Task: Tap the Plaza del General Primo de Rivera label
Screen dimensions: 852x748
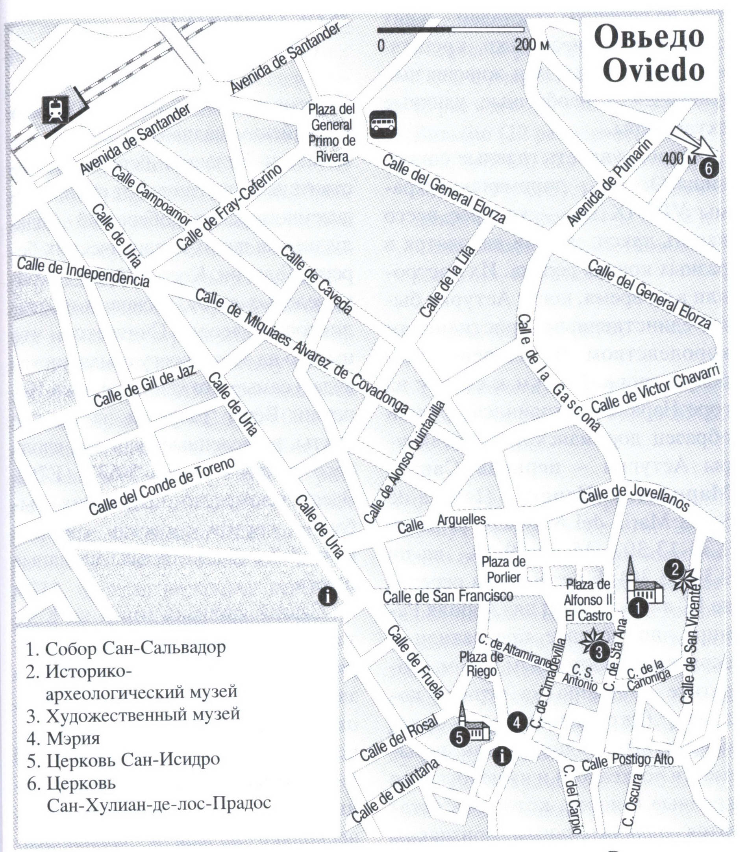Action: pos(331,133)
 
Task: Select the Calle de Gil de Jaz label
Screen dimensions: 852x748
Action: pos(144,387)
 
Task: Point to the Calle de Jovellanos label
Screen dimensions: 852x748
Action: pos(634,498)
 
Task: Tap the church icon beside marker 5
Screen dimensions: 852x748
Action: pos(473,726)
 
